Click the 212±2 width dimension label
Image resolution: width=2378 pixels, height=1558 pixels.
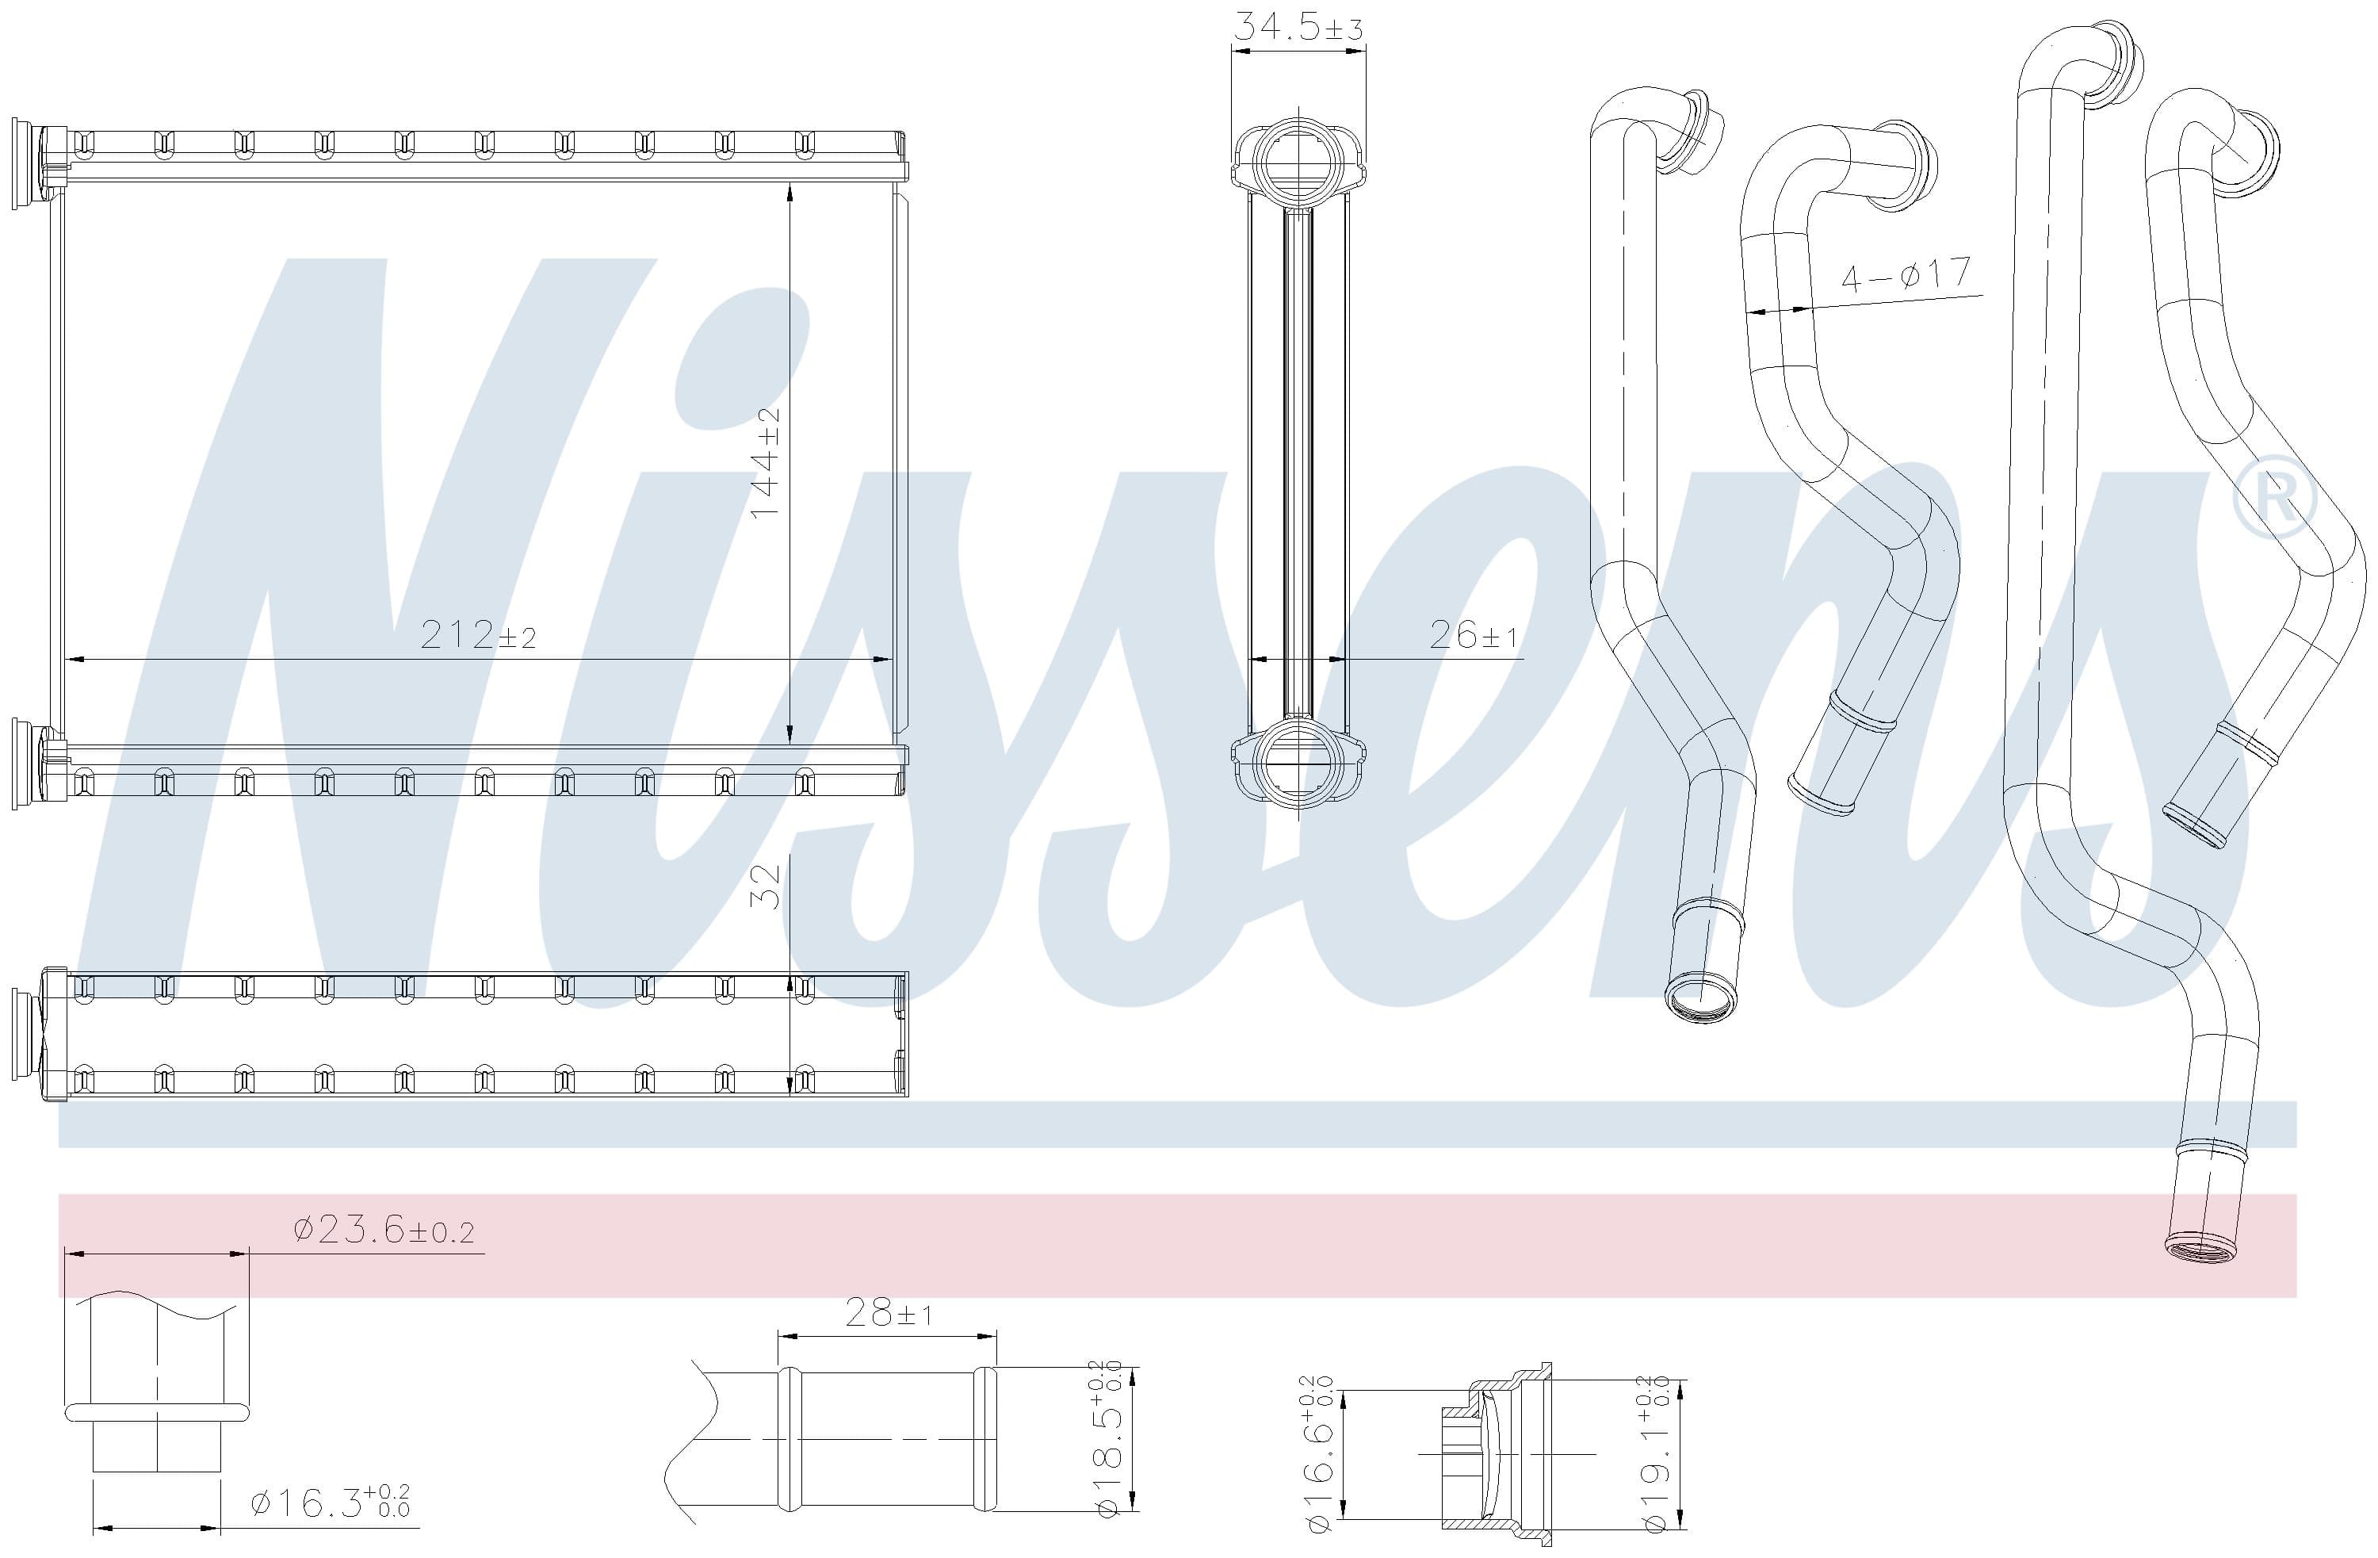pyautogui.click(x=478, y=634)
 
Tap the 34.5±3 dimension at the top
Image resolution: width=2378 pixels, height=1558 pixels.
pyautogui.click(x=1298, y=26)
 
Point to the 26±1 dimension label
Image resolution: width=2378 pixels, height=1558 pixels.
pyautogui.click(x=1473, y=634)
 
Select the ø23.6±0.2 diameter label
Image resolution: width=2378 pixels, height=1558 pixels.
pyautogui.click(x=384, y=1229)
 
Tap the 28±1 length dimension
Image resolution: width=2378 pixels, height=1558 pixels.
pyautogui.click(x=889, y=1312)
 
